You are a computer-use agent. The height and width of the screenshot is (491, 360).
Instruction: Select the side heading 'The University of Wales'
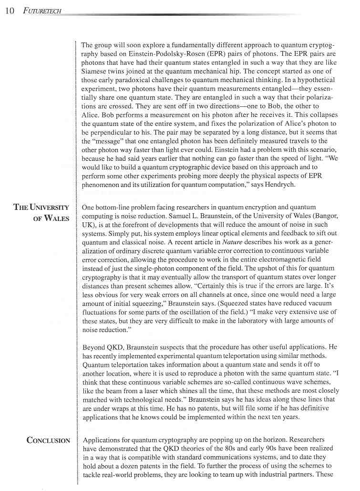41,213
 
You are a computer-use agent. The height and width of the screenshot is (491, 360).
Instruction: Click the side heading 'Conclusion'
48,440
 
